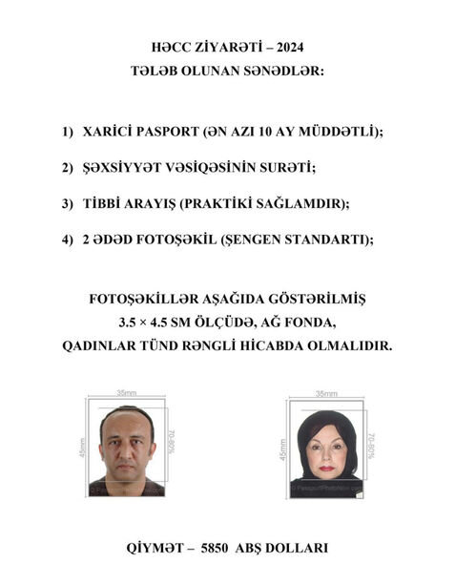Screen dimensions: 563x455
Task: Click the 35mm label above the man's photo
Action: click(x=126, y=393)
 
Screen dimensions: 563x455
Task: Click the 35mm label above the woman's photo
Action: click(x=326, y=393)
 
